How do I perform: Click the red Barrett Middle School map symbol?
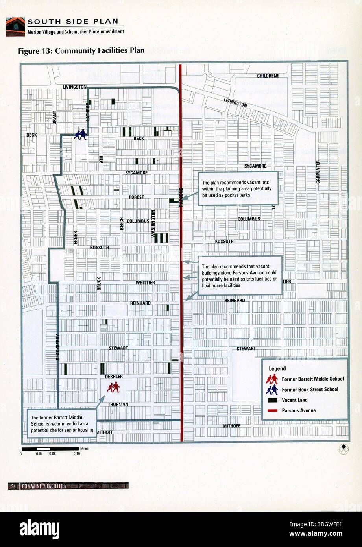[x=113, y=388]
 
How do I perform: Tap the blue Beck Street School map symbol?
[x=81, y=135]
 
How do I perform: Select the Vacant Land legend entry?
[x=295, y=400]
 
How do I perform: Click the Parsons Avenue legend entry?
[x=299, y=410]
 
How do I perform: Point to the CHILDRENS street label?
[x=268, y=76]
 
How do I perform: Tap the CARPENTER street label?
[x=318, y=172]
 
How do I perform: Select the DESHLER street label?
[x=114, y=377]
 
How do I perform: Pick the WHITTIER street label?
[x=145, y=283]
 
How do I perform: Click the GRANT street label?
[x=55, y=117]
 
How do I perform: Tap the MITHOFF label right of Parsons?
[x=231, y=426]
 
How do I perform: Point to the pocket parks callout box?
[x=238, y=188]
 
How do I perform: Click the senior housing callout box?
[x=62, y=424]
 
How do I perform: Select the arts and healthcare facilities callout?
[x=240, y=275]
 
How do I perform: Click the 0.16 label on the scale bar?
[x=76, y=453]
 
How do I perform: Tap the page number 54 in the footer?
[x=13, y=486]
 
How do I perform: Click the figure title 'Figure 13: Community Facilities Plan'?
[x=81, y=50]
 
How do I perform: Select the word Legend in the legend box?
[x=277, y=369]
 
